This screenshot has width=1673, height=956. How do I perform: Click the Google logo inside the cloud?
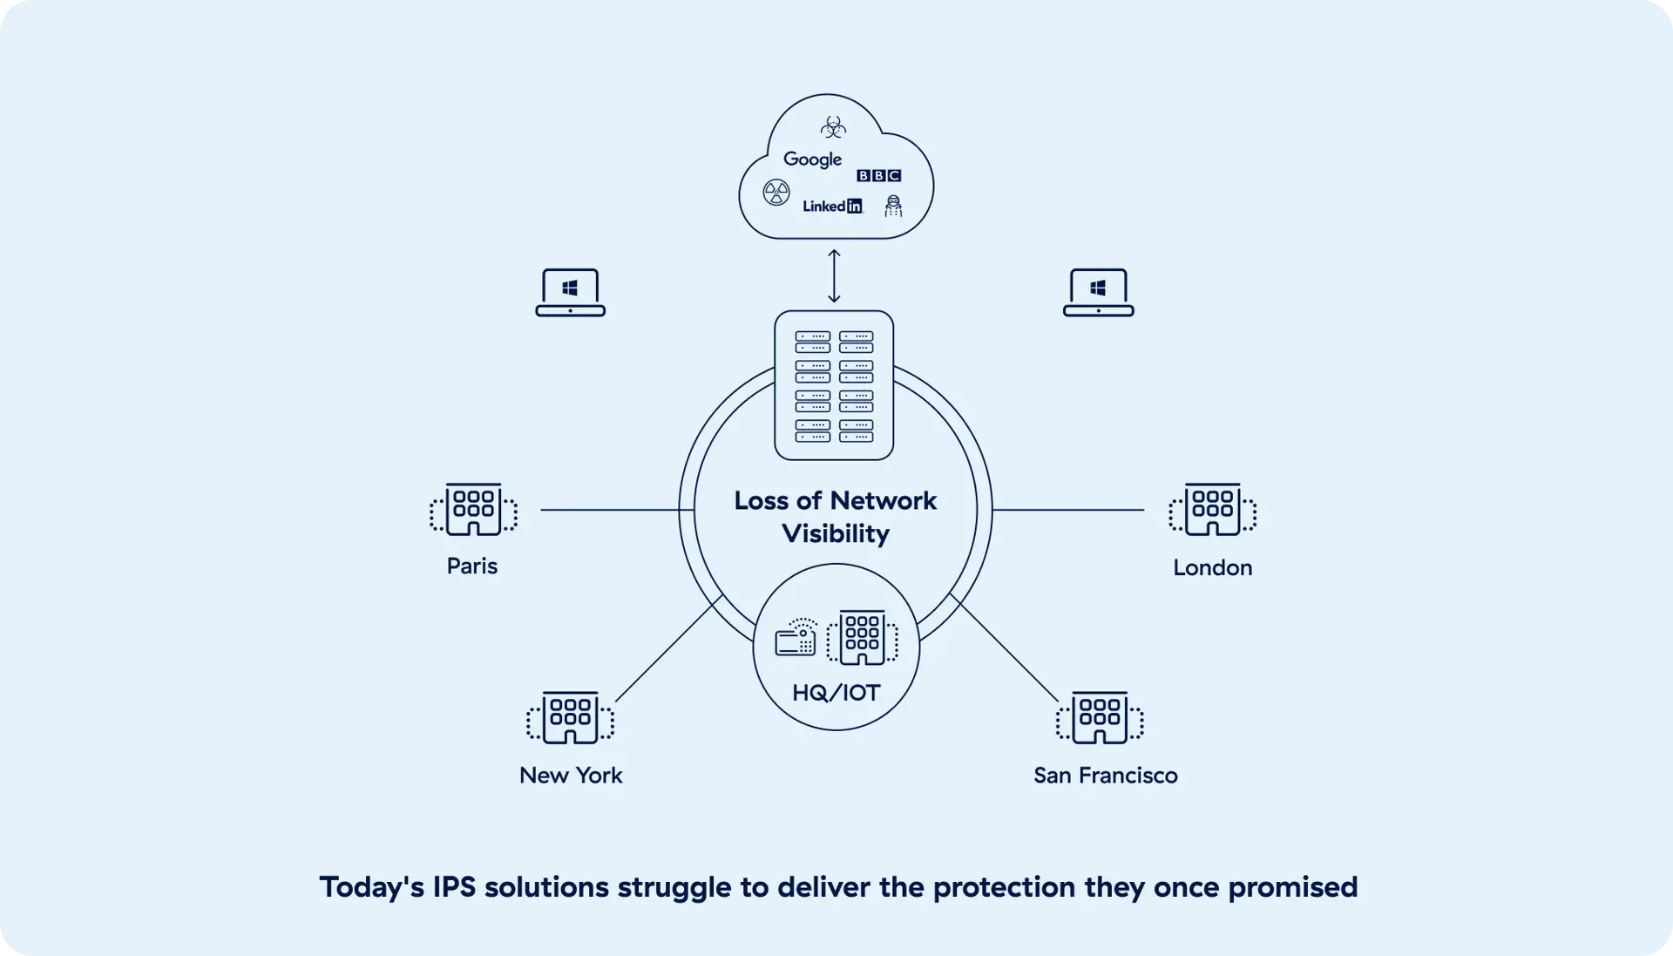(812, 159)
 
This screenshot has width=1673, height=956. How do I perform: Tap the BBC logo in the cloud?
(878, 176)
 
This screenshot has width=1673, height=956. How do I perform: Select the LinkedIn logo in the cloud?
(832, 207)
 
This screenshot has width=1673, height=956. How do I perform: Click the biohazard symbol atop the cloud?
(833, 128)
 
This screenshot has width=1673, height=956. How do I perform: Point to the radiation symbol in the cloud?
(776, 193)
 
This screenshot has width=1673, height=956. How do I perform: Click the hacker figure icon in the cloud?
(893, 206)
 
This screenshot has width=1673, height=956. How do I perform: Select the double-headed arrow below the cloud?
(834, 276)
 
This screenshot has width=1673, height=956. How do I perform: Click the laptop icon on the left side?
(570, 293)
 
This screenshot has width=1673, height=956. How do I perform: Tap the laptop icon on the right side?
(1098, 293)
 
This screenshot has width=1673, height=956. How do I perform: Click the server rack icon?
(834, 385)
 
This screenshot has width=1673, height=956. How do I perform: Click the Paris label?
(471, 566)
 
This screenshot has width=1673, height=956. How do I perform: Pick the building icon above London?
(1212, 509)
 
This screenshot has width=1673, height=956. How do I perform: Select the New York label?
(571, 776)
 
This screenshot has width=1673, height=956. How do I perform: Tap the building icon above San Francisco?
(1100, 718)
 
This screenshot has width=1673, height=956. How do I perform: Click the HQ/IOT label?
(836, 694)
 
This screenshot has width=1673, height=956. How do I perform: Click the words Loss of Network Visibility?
(835, 517)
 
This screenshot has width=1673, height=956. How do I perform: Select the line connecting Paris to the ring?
(610, 510)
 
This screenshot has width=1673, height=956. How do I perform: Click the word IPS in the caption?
(454, 887)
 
